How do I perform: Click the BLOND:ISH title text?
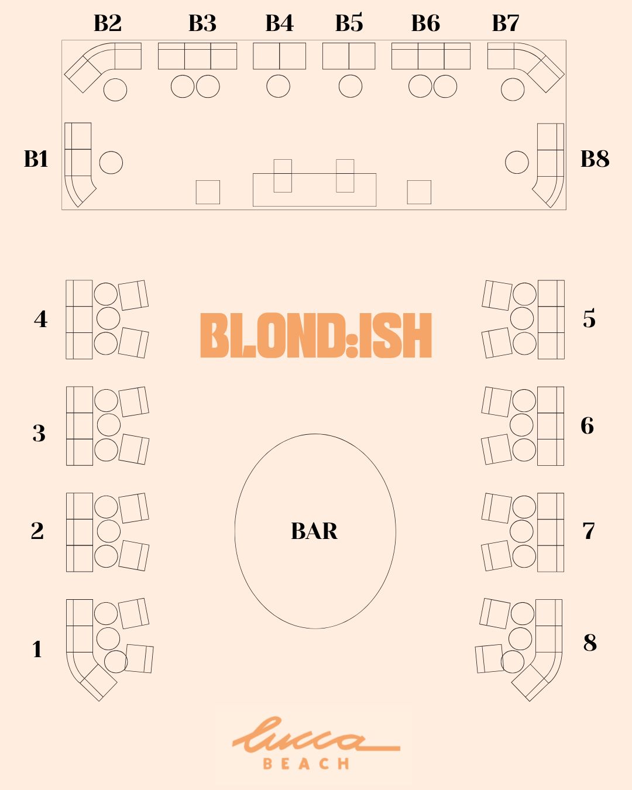pos(316,335)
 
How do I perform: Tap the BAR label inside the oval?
pos(314,531)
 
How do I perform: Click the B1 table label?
pos(36,159)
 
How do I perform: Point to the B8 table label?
pos(595,159)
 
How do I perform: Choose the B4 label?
pos(279,23)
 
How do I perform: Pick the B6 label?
pos(425,23)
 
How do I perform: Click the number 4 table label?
pos(40,319)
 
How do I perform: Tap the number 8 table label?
pos(590,643)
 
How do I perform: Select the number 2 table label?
pos(37,531)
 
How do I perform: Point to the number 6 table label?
pos(587,425)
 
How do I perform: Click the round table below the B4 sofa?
pos(278,87)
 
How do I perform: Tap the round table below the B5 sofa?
pos(350,86)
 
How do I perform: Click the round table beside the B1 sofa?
pos(111,163)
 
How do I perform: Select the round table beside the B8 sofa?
pos(517,162)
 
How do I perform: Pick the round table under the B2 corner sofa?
pos(115,90)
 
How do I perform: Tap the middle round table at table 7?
pos(521,531)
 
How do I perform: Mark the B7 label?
pos(506,23)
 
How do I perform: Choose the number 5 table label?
pos(589,319)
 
